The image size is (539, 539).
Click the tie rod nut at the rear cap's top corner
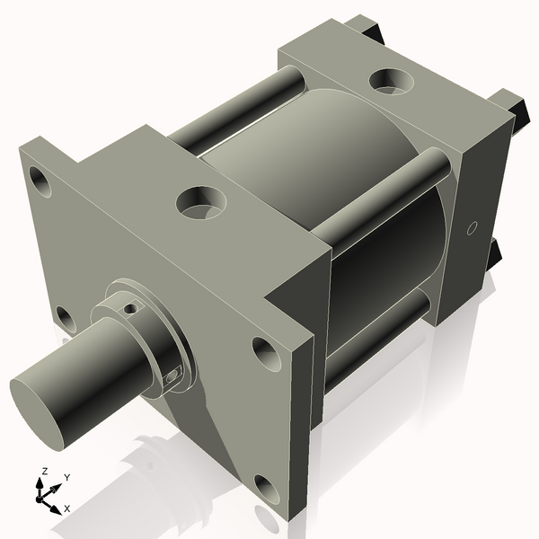[x=368, y=27]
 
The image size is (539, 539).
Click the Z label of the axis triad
[x=43, y=471]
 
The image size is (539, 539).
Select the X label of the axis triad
[x=66, y=508]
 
